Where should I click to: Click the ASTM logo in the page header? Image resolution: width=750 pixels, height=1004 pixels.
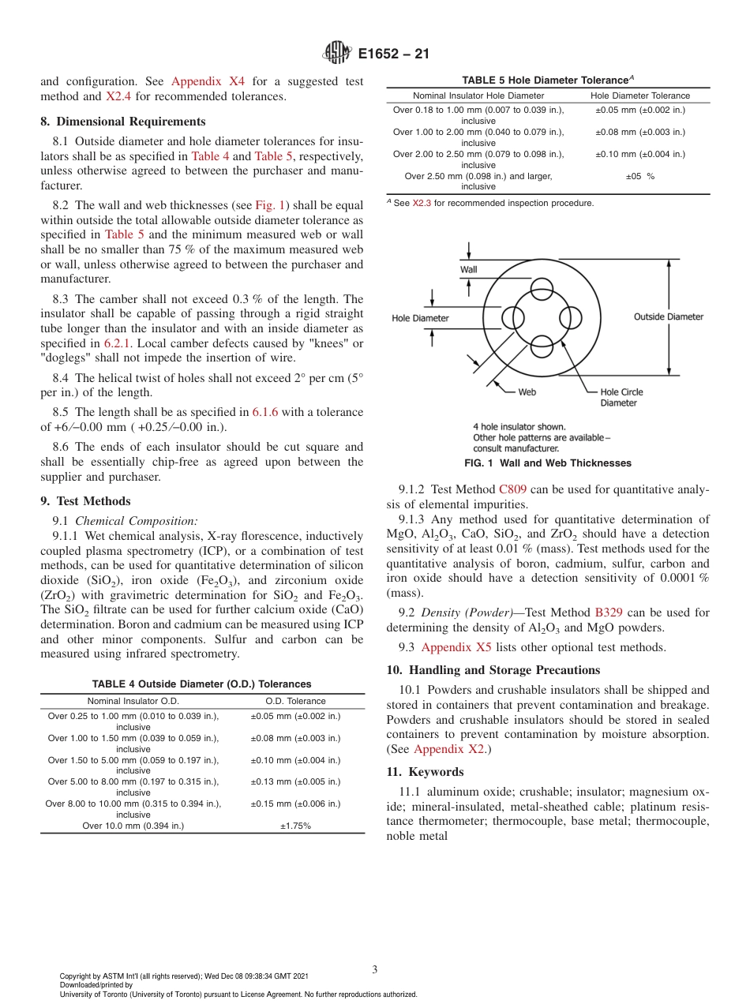pyautogui.click(x=337, y=54)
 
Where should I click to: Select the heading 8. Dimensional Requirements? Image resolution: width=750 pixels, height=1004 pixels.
pyautogui.click(x=123, y=122)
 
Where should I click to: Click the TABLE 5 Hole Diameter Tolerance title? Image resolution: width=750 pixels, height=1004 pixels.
pyautogui.click(x=547, y=80)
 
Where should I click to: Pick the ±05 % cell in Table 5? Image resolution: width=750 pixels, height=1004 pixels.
pyautogui.click(x=639, y=176)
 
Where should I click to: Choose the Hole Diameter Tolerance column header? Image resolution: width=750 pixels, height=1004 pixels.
pyautogui.click(x=640, y=96)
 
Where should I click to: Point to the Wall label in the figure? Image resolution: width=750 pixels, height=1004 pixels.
pyautogui.click(x=469, y=269)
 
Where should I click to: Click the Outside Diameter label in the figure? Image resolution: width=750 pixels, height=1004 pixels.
pyautogui.click(x=668, y=317)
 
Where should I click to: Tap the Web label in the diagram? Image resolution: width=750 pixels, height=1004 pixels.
pyautogui.click(x=527, y=391)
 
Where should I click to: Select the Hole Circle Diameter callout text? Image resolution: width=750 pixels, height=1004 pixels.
pyautogui.click(x=621, y=397)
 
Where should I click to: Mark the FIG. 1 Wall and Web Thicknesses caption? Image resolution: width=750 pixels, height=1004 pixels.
pyautogui.click(x=547, y=463)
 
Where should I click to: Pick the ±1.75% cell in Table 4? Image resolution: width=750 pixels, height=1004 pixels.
pyautogui.click(x=295, y=826)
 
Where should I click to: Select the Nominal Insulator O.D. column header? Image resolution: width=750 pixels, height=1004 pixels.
pyautogui.click(x=133, y=701)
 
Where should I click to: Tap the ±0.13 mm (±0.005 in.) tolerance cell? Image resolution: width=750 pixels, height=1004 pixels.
pyautogui.click(x=295, y=781)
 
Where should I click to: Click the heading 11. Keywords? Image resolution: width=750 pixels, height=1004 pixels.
pyautogui.click(x=425, y=772)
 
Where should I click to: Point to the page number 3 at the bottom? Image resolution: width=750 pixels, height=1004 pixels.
pyautogui.click(x=375, y=969)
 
